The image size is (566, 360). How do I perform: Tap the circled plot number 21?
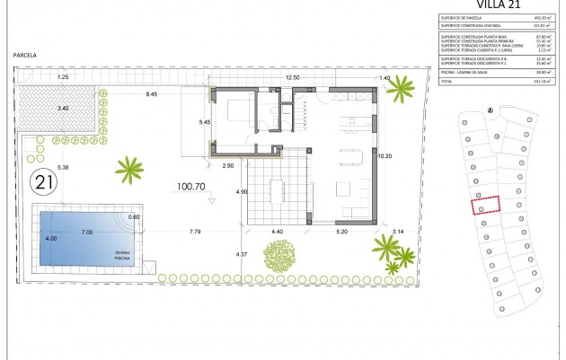click(x=41, y=183)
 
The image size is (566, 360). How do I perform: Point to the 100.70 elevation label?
click(x=191, y=188)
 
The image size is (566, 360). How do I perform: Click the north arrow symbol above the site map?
click(x=490, y=110)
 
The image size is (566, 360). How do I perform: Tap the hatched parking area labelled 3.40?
click(x=62, y=109)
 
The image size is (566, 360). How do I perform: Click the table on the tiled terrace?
click(x=277, y=189)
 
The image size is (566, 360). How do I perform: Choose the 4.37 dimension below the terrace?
click(x=242, y=254)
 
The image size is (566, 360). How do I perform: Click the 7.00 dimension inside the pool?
click(x=87, y=233)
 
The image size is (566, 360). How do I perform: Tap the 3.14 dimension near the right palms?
click(x=399, y=232)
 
